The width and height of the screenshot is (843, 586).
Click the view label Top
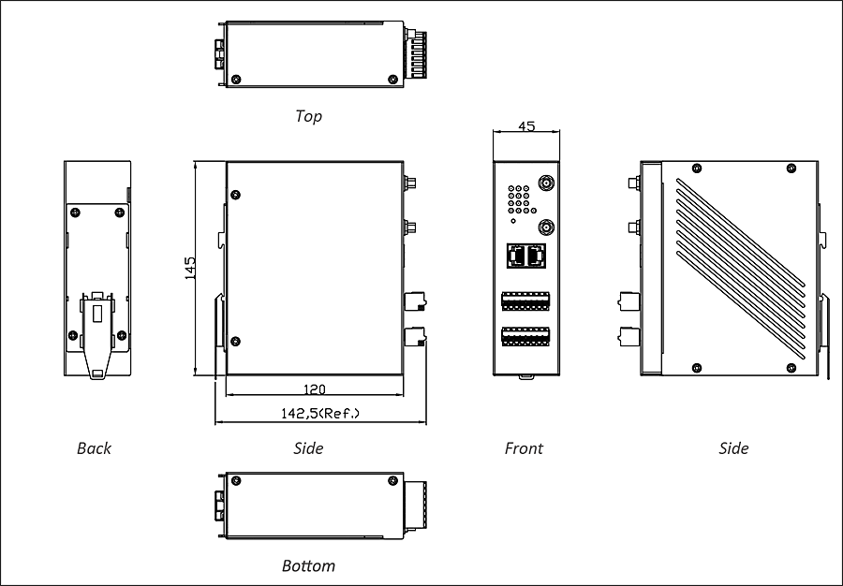coord(308,116)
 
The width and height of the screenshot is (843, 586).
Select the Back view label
coord(94,448)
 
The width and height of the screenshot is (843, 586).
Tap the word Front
coord(524,448)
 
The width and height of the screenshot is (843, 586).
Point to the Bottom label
coord(308,565)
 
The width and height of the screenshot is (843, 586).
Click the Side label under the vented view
coord(733,448)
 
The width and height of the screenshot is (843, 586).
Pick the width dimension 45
coord(526,126)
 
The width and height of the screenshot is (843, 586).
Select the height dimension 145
coord(190,269)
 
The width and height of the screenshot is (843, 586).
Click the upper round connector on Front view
coord(544,183)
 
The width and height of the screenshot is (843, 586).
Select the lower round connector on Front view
coord(544,227)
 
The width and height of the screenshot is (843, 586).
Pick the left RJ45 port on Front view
coord(516,254)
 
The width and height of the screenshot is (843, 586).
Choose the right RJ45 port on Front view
coord(537,254)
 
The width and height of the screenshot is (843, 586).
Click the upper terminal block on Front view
coord(526,301)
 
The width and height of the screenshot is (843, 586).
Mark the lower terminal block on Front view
coord(526,335)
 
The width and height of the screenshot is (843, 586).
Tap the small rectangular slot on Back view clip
coord(96,309)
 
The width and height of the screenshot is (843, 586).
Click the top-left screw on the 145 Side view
coord(236,195)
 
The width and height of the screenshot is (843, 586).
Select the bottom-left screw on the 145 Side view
coord(235,341)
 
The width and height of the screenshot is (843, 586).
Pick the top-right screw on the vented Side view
coord(791,168)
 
